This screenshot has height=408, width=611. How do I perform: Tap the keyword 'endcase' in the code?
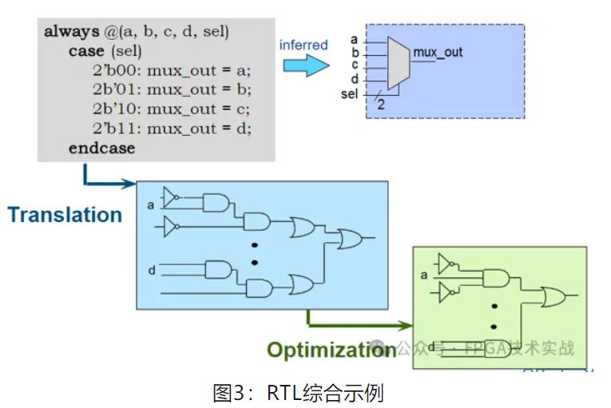[101, 148]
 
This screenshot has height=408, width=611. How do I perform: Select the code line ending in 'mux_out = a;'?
[171, 70]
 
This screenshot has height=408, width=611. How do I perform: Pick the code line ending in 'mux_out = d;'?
[172, 128]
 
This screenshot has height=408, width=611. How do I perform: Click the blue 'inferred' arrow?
[306, 65]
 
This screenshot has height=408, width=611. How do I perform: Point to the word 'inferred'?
[303, 45]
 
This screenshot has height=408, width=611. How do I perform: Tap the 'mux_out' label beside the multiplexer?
[438, 53]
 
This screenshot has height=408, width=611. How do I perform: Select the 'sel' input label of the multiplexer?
[349, 94]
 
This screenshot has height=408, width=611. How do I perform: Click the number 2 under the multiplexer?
[382, 104]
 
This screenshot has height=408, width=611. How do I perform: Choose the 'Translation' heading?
[65, 215]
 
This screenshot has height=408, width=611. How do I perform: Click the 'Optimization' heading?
[331, 350]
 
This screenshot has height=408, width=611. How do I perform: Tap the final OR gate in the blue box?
[350, 238]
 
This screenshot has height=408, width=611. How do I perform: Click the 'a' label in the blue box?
[151, 206]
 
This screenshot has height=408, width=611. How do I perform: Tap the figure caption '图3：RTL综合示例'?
[299, 393]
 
